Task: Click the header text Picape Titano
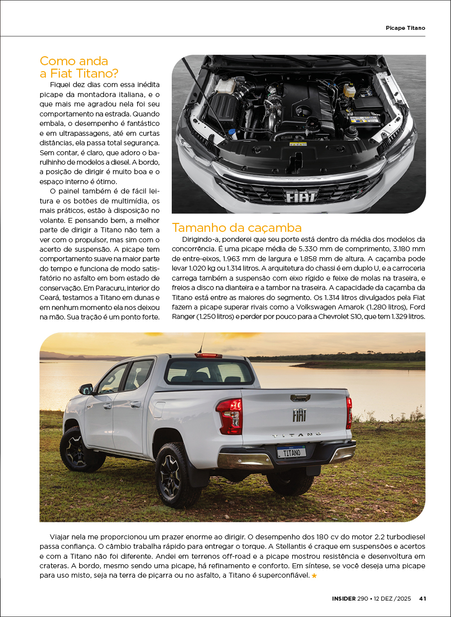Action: tap(405, 28)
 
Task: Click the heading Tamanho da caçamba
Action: tap(236, 228)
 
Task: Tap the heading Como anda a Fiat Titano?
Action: tap(79, 67)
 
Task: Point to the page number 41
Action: tap(422, 599)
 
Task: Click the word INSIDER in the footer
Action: tap(343, 599)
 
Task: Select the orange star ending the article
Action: tap(314, 576)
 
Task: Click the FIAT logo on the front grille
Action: tap(301, 196)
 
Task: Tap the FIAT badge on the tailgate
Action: tap(299, 415)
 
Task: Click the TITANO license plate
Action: tap(291, 452)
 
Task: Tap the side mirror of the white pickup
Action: tap(86, 389)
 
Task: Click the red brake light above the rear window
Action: tap(208, 355)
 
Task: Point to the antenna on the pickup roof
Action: tap(202, 343)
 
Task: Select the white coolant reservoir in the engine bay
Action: tap(225, 85)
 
